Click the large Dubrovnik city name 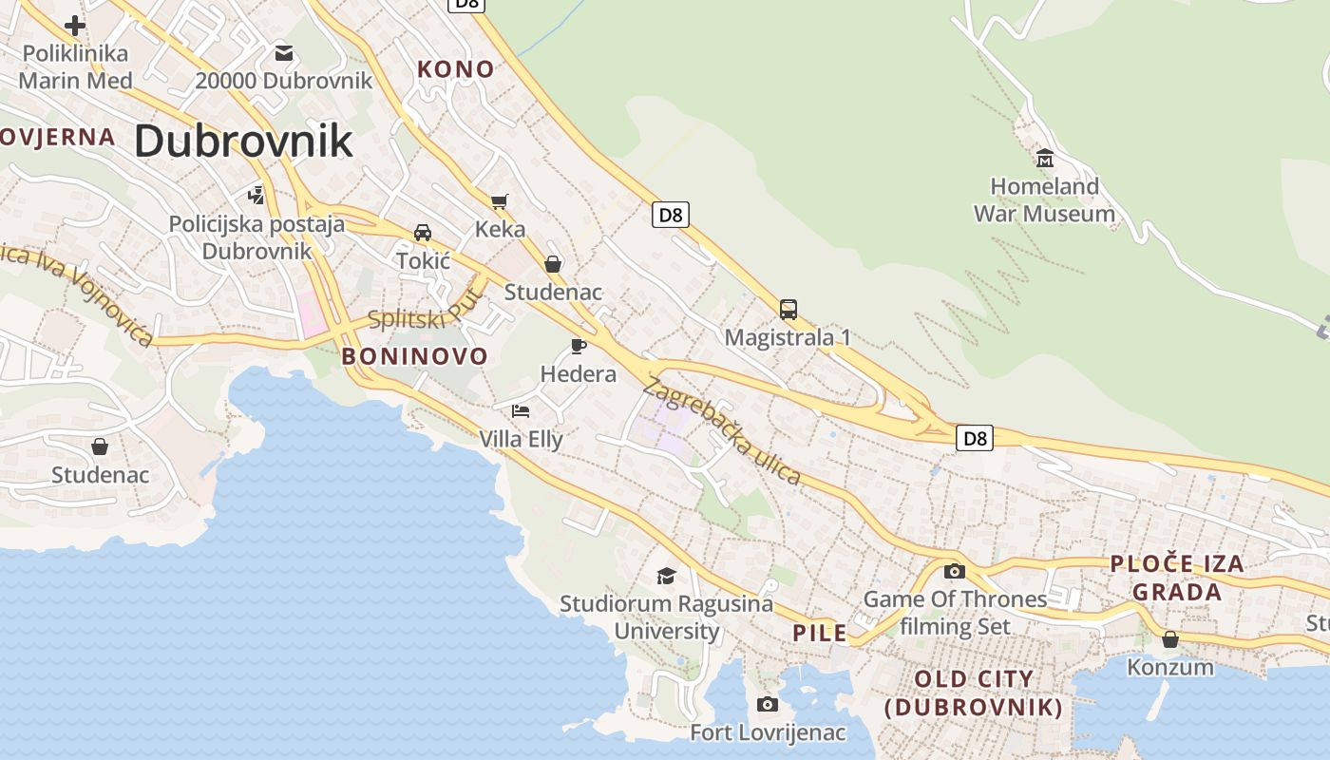tap(243, 142)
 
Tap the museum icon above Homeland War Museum tap(1045, 158)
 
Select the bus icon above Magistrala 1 tap(788, 309)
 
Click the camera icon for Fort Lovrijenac tap(768, 704)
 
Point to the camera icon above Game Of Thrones tap(955, 571)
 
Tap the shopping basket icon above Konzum tap(1170, 639)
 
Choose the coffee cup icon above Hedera tap(579, 346)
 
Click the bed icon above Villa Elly tap(521, 410)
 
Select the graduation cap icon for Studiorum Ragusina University tap(666, 576)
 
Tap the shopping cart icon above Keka tap(500, 200)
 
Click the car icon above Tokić tap(423, 232)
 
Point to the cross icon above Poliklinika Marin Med tap(75, 25)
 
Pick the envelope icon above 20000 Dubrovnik tap(284, 52)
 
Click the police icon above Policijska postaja tap(256, 196)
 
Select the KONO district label tap(456, 68)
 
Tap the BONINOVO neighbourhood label tap(414, 356)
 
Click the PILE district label tap(819, 633)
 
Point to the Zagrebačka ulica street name tap(723, 430)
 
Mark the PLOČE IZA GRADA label tap(1176, 578)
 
